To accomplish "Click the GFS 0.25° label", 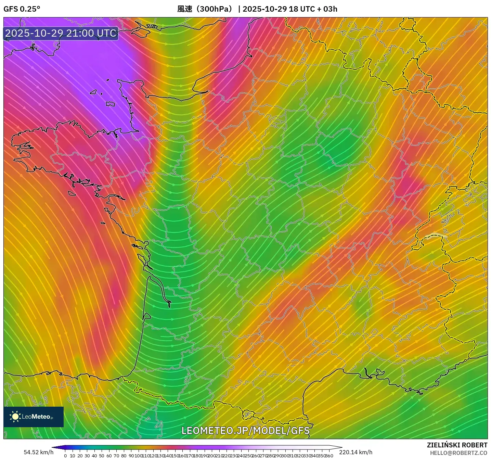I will pos(22,9).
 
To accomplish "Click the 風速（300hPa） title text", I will pos(205,9).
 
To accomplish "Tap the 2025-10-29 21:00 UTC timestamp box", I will pos(61,33).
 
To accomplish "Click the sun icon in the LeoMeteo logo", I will pos(15,416).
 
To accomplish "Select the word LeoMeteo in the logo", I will pos(36,417).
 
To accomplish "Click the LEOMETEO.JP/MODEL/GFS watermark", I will pos(245,431).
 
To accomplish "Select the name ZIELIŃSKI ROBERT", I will pos(457,445).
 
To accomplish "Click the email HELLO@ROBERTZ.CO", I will pos(458,453).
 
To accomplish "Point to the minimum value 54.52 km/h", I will pos(38,452).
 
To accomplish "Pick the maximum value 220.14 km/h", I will pos(356,452).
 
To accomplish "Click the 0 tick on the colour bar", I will pos(65,456).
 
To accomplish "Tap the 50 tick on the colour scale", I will pos(102,456).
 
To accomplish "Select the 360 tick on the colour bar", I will pos(329,456).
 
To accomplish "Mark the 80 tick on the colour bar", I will pos(124,456).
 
